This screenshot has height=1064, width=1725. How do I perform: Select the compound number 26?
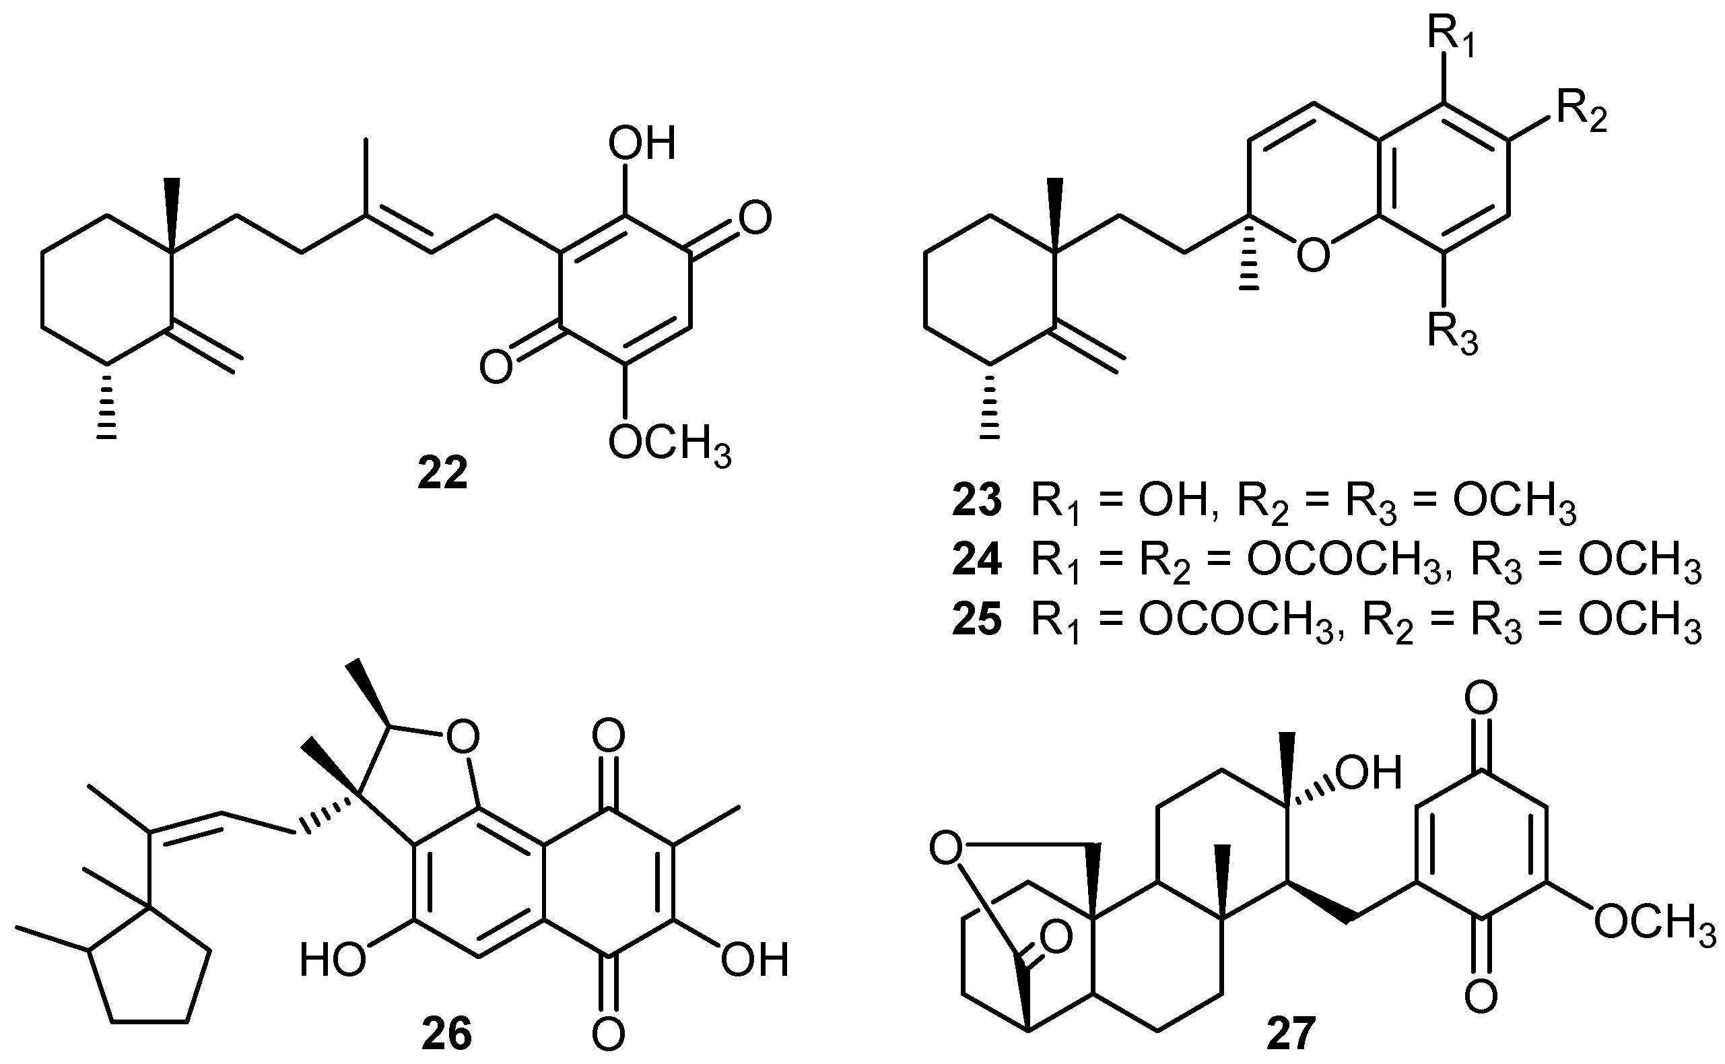tap(446, 1034)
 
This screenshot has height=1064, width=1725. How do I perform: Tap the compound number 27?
tap(1291, 1034)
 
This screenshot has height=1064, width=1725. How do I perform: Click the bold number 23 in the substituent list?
tap(976, 502)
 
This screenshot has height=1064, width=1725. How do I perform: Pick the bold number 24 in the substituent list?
tap(976, 561)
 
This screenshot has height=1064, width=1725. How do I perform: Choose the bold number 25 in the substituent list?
tap(976, 620)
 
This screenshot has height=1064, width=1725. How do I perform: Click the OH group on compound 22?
tap(641, 143)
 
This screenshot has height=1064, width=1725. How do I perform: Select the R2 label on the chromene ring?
tap(1581, 112)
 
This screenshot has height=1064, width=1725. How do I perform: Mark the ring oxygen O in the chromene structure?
tap(1313, 255)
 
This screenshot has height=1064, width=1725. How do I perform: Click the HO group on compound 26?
tap(331, 960)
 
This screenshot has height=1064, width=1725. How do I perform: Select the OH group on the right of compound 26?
tap(754, 960)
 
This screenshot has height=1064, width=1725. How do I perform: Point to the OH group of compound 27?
tap(1368, 772)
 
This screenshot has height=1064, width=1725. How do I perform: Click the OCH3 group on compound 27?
tap(1653, 922)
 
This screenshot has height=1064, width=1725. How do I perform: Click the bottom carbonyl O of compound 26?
tap(608, 1034)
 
